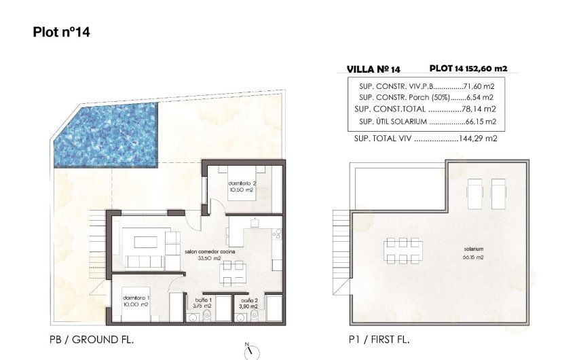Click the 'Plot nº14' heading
coord(62,32)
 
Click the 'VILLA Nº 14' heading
coord(373,69)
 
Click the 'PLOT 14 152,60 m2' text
coord(468,68)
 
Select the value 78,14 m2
coord(481,109)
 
